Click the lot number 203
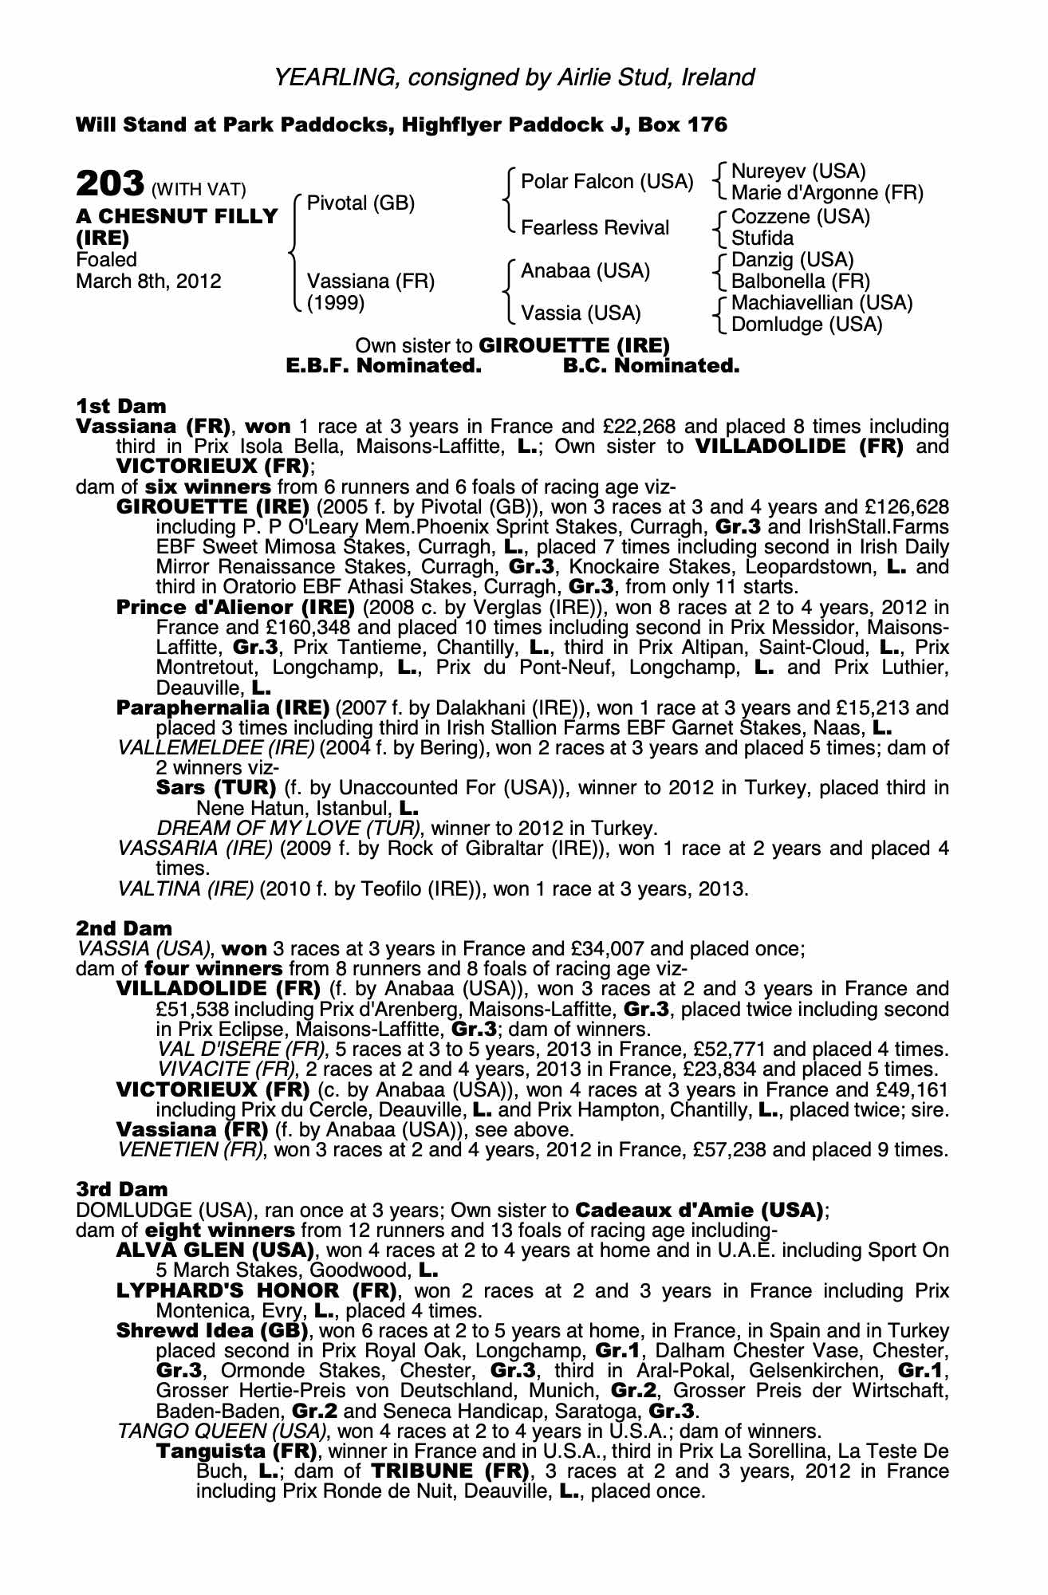[109, 183]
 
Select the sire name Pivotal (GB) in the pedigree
[360, 203]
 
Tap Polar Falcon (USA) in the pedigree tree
[606, 182]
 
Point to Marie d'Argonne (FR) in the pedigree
[827, 193]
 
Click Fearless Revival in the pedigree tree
[594, 228]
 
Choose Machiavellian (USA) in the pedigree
[821, 303]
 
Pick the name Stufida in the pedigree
[762, 238]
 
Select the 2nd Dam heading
[124, 928]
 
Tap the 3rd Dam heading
[123, 1189]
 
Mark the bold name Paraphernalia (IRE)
[223, 707]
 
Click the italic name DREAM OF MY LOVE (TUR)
[289, 828]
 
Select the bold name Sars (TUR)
[215, 788]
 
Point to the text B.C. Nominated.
[651, 366]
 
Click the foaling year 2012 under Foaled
[201, 282]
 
